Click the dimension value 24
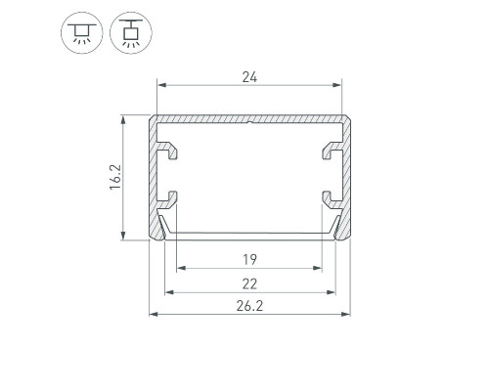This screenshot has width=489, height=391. tap(249, 77)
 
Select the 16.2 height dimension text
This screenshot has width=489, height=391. tap(115, 177)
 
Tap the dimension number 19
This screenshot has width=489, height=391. tap(249, 260)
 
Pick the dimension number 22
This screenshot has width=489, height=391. tap(249, 284)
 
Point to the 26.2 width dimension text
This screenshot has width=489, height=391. tap(249, 306)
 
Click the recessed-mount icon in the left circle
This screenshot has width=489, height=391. tap(82, 33)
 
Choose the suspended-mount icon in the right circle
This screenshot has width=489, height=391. tap(131, 32)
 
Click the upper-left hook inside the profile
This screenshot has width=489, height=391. tap(168, 150)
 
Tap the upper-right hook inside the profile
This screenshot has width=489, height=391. tap(333, 150)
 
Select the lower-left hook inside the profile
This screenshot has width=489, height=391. tap(168, 199)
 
